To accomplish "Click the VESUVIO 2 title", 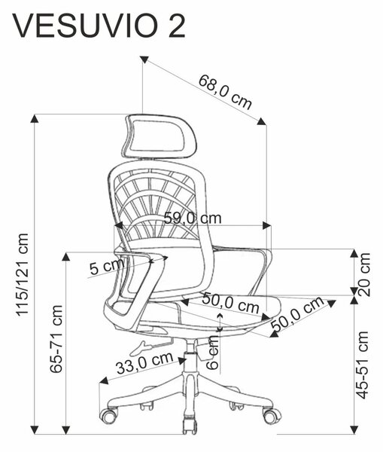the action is (x=99, y=26).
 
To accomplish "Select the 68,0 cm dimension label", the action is (x=225, y=92).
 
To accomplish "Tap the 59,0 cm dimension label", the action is (x=193, y=218).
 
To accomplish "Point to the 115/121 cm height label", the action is (x=22, y=275).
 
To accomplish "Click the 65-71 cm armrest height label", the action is (x=56, y=339).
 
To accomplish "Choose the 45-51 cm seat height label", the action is (x=362, y=365).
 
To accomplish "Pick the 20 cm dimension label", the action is (x=363, y=274).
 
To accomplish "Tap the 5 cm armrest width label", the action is (x=107, y=266).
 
